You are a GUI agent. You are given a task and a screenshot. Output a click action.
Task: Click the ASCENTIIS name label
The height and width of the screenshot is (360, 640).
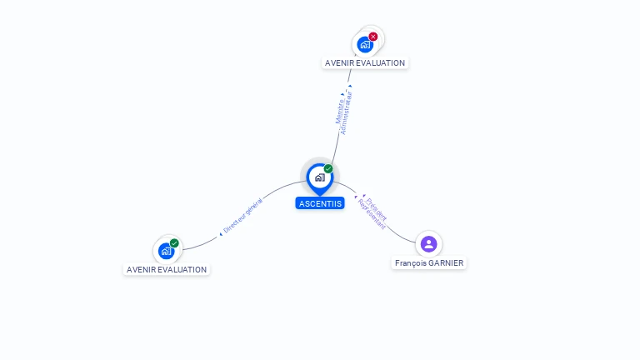coord(320,203)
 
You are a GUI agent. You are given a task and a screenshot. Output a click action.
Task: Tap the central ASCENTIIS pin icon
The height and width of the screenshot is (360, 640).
coord(319,177)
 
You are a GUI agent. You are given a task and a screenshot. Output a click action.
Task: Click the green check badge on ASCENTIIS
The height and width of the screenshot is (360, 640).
coord(328,168)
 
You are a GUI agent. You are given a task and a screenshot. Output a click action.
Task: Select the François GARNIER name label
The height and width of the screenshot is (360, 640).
coord(429,262)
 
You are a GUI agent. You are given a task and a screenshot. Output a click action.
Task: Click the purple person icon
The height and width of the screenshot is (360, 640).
coord(428,243)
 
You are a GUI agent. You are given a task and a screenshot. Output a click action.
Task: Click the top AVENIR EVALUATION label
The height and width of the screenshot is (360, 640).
coord(365,62)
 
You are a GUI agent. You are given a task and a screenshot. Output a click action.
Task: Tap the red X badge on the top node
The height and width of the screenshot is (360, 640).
coord(373,37)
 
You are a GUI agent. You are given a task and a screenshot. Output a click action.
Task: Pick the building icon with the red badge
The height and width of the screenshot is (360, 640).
coord(364,44)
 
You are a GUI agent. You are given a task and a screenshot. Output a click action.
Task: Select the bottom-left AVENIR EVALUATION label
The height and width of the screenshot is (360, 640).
coord(167,269)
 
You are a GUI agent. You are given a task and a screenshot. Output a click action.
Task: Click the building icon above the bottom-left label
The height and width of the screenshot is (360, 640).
coord(166,250)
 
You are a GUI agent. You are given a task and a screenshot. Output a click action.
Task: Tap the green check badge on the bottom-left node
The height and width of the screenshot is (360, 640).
coord(174,242)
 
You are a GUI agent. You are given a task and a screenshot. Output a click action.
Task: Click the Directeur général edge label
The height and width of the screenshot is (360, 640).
coord(242,215)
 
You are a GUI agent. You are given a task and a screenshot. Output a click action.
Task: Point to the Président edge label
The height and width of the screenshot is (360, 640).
coord(377,207)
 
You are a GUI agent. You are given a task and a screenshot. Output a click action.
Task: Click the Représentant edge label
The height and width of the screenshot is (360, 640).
coord(371,214)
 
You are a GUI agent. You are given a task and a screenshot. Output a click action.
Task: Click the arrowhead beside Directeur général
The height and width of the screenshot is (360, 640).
coord(221,234)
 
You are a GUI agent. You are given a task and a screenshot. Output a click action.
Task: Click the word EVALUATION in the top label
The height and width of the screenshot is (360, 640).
coord(384,62)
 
